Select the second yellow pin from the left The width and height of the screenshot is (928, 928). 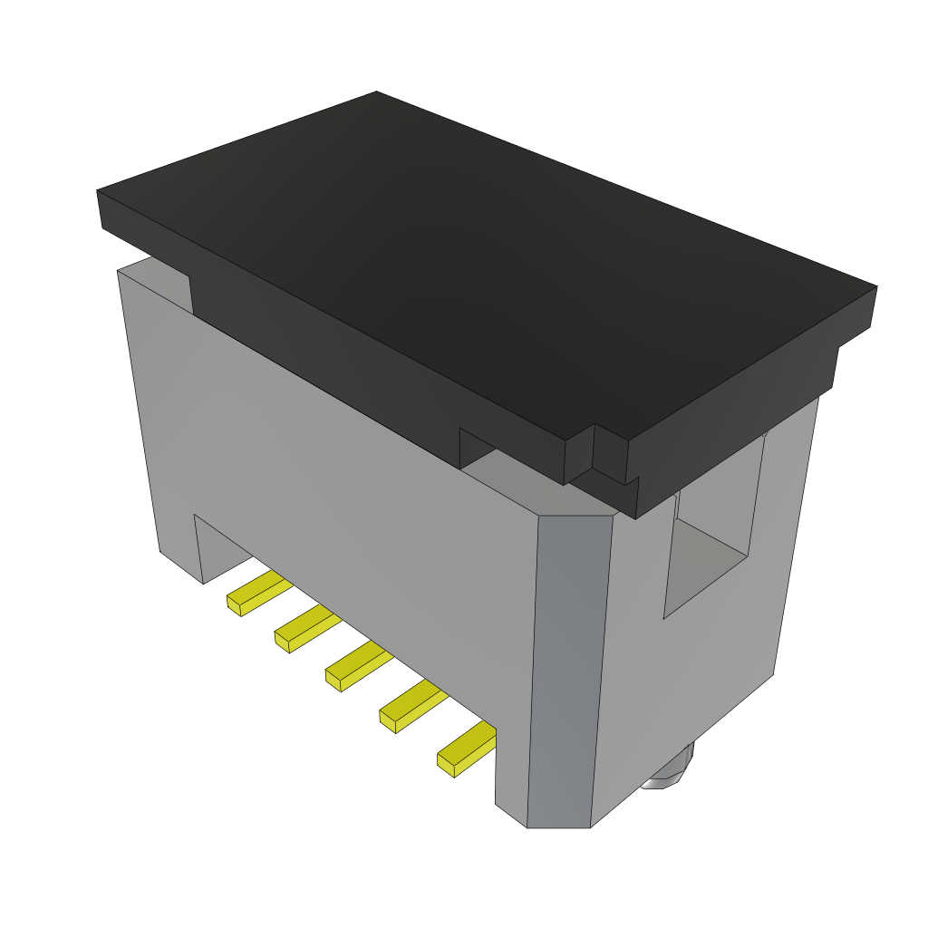(307, 627)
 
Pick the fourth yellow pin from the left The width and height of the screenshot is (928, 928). (412, 705)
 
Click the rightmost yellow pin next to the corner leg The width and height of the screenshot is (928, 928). (466, 750)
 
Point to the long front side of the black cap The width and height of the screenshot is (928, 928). (362, 362)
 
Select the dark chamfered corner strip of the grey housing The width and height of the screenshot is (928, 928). (566, 671)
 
